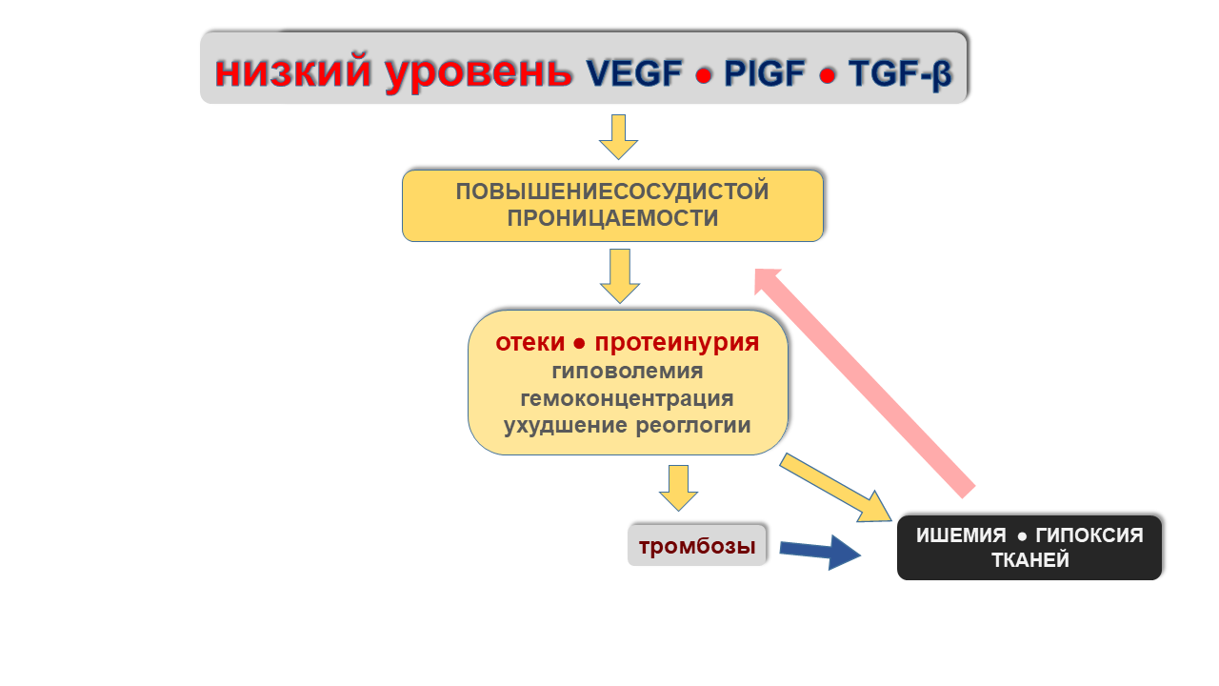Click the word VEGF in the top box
(x=634, y=73)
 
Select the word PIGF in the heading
(x=765, y=73)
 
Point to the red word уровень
(x=479, y=74)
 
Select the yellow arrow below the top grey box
(x=619, y=136)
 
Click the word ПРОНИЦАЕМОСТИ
(x=612, y=218)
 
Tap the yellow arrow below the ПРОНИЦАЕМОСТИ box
(x=620, y=276)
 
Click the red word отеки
(x=530, y=342)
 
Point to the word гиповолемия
(x=628, y=372)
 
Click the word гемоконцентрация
(x=627, y=399)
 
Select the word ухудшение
(x=566, y=426)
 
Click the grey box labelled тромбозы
(x=697, y=546)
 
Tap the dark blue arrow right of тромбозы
(x=820, y=552)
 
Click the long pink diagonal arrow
(x=864, y=383)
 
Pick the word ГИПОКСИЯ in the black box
(x=1089, y=535)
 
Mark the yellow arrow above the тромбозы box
(x=679, y=488)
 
